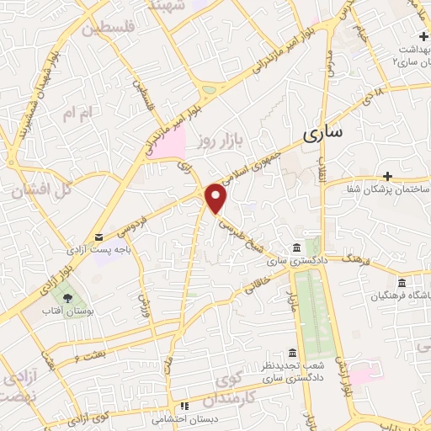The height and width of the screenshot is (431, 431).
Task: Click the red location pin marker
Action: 217,198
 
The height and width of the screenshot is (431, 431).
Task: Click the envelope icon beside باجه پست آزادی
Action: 99,238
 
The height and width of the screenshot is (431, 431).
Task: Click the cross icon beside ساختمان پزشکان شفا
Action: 387,176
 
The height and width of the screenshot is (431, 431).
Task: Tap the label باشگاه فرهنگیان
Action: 398,296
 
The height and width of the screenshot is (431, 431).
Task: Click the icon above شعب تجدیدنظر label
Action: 292,352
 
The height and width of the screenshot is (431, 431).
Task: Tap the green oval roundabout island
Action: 209,89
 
